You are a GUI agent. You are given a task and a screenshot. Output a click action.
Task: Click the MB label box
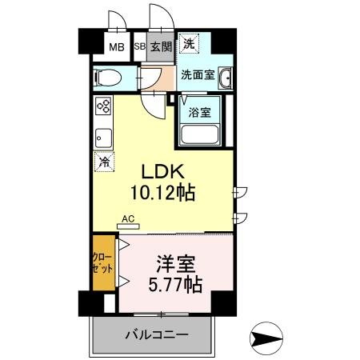click(117, 46)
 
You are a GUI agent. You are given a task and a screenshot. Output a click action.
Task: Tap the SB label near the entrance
click(139, 46)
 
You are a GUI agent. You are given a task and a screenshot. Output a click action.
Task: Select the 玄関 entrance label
click(161, 46)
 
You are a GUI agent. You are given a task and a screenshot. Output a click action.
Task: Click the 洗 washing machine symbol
click(189, 45)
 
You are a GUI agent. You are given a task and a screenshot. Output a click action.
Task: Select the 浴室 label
click(199, 112)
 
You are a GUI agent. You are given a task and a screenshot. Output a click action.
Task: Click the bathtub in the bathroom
click(199, 132)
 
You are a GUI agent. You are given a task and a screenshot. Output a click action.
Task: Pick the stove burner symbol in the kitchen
click(104, 107)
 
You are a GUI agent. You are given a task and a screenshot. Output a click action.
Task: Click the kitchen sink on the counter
click(103, 135)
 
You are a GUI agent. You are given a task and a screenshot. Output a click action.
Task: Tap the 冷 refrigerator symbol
click(104, 162)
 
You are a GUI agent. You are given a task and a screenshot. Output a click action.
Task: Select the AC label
click(127, 218)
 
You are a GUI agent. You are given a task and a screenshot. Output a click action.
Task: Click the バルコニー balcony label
click(156, 334)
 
